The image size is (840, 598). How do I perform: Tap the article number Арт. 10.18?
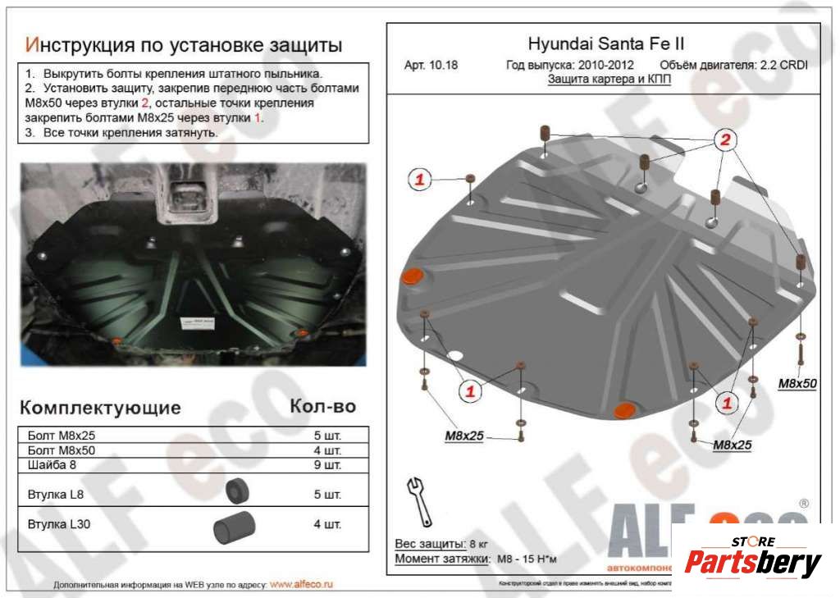[430, 66]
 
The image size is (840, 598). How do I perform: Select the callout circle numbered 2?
[724, 140]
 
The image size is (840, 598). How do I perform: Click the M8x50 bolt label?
[797, 383]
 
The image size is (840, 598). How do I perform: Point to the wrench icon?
[419, 500]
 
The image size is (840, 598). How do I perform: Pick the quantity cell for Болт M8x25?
[327, 435]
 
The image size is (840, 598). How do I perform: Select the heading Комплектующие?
[100, 408]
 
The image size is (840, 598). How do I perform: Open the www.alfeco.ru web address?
[301, 585]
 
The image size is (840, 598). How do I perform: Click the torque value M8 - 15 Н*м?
[527, 559]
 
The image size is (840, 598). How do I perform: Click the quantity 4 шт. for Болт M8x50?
[327, 450]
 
